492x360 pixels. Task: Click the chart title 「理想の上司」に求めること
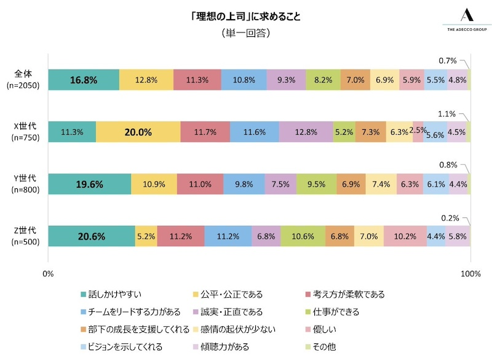point(245,16)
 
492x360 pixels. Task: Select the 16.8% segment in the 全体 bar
point(84,79)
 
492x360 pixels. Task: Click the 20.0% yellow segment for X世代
point(138,132)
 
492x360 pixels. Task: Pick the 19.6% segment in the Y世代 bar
point(89,184)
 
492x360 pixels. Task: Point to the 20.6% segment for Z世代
point(91,236)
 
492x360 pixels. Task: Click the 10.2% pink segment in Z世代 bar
point(405,236)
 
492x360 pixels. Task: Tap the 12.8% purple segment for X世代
point(306,132)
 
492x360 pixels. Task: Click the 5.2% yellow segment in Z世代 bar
point(146,236)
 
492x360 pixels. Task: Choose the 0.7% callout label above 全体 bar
point(447,61)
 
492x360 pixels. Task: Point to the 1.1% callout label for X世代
point(447,114)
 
